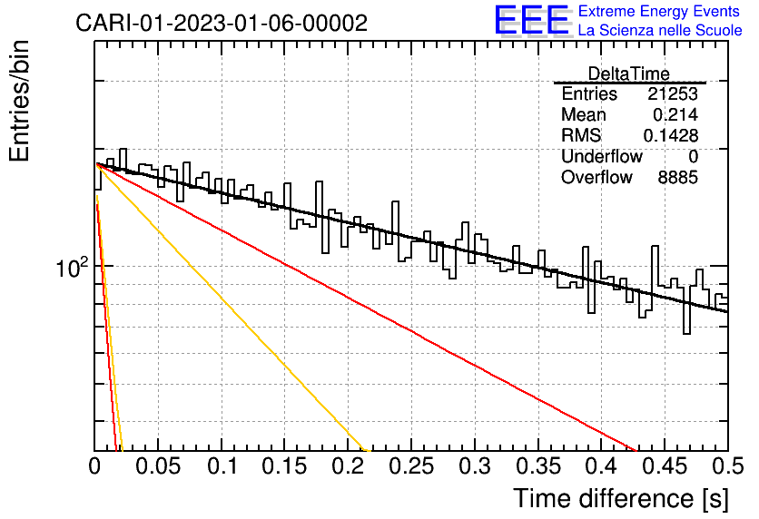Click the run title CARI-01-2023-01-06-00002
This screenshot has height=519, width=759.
pyautogui.click(x=222, y=23)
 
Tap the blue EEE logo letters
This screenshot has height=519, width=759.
pyautogui.click(x=532, y=20)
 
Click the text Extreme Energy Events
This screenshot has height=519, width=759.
pyautogui.click(x=659, y=11)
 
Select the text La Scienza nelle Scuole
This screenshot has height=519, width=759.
pyautogui.click(x=660, y=30)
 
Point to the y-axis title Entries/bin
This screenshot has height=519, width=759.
pyautogui.click(x=19, y=101)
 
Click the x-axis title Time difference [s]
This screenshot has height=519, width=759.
pyautogui.click(x=621, y=498)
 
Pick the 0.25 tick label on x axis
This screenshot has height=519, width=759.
pyautogui.click(x=411, y=466)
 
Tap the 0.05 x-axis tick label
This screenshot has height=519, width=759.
pyautogui.click(x=158, y=466)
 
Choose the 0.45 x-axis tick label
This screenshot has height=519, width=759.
pyautogui.click(x=665, y=466)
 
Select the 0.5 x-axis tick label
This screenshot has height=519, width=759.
pyautogui.click(x=728, y=466)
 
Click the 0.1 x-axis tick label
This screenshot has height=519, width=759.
pyautogui.click(x=222, y=466)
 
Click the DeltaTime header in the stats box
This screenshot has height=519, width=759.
pyautogui.click(x=629, y=73)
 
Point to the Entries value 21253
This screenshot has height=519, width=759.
pyautogui.click(x=673, y=93)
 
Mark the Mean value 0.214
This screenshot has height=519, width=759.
pyautogui.click(x=675, y=114)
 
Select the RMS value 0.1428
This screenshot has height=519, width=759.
pyautogui.click(x=670, y=135)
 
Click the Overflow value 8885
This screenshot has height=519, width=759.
pyautogui.click(x=677, y=178)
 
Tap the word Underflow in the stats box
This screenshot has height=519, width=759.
pyautogui.click(x=602, y=156)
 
